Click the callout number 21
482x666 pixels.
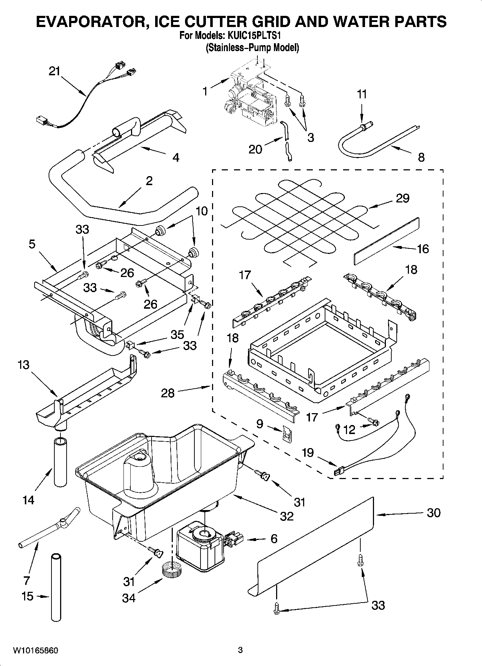55,71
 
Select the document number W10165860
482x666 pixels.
35,651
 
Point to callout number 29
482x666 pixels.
402,198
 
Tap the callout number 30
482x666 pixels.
433,513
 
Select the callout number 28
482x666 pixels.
168,393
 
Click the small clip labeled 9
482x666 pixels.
287,435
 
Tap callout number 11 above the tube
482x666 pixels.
362,94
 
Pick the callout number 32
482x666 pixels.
287,516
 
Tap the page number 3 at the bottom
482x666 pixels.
240,651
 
